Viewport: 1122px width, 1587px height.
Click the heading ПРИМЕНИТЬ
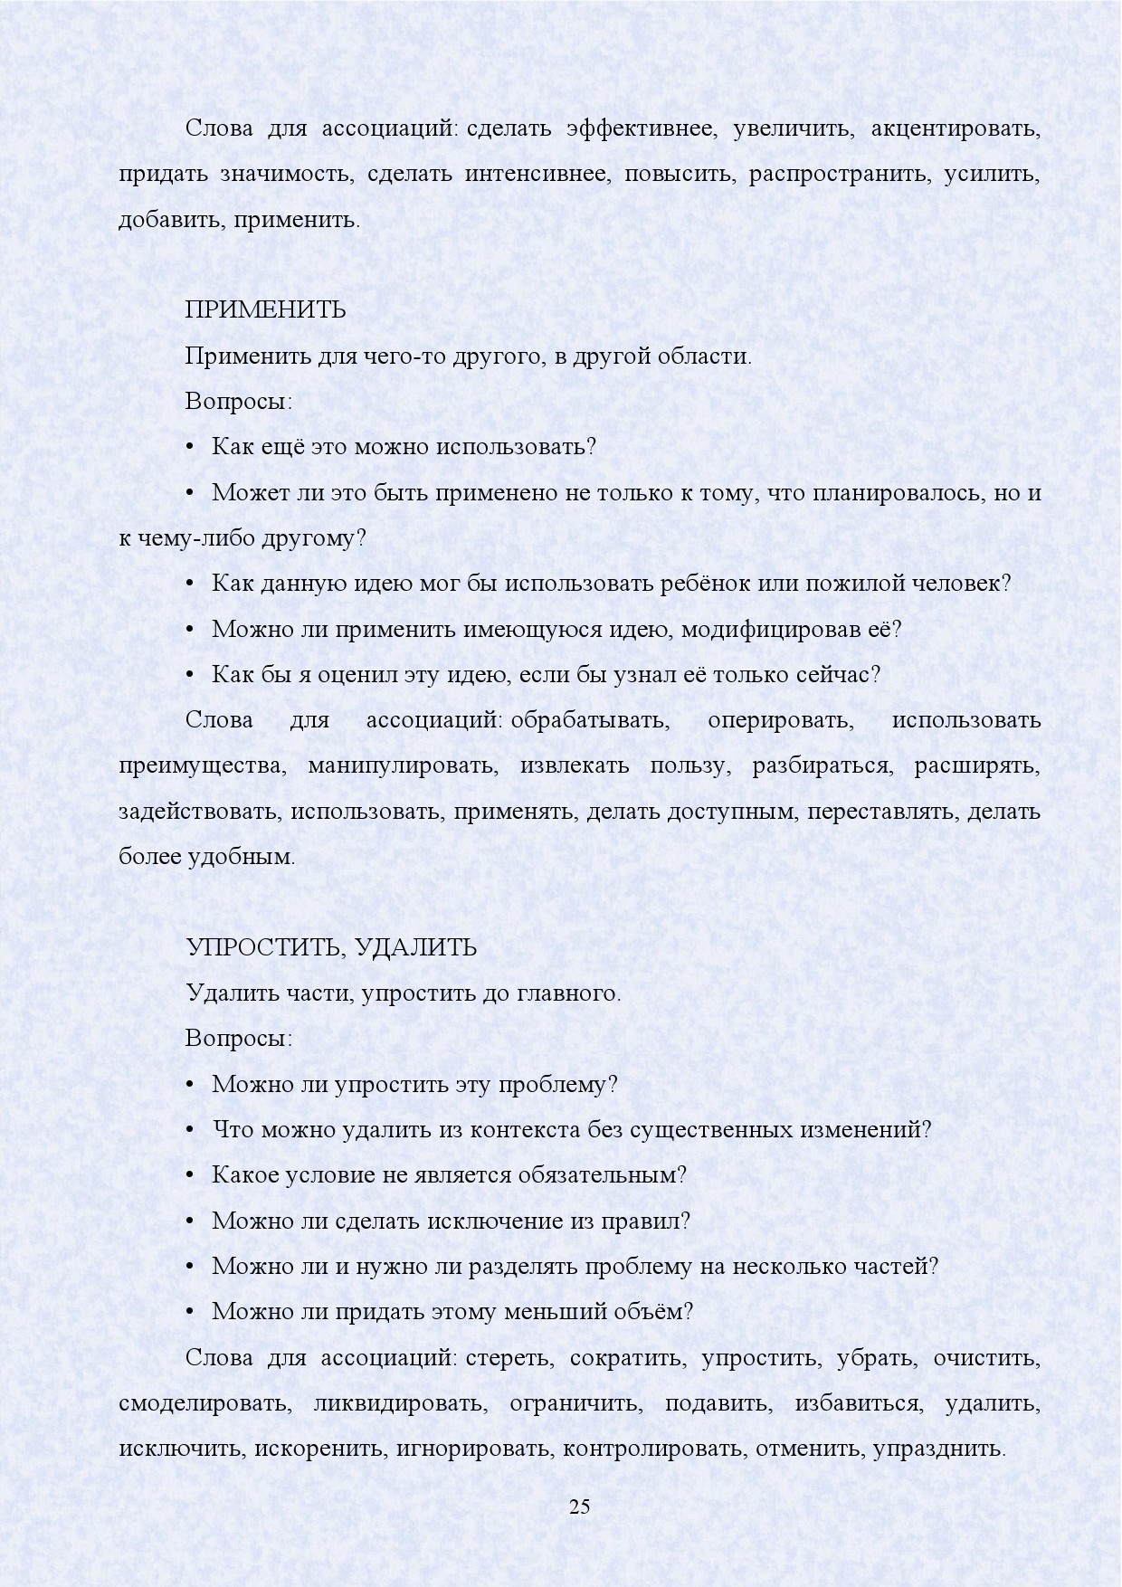pos(265,310)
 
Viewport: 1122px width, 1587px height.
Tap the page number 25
pos(579,1506)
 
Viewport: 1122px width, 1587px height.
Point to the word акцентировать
pos(956,128)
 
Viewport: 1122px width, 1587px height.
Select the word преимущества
pos(202,765)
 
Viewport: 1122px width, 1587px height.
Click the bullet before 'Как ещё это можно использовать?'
pos(190,448)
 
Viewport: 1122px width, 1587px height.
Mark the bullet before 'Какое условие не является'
pos(190,1175)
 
